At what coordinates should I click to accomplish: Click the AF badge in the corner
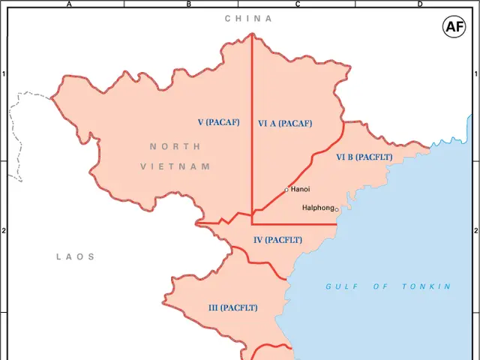pos(454,28)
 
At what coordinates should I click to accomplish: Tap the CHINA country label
pos(248,18)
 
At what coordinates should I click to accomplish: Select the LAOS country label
pos(76,256)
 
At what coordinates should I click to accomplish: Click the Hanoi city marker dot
pos(286,190)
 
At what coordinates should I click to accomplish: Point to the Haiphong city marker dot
pos(337,209)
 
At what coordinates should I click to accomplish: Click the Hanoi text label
pos(301,189)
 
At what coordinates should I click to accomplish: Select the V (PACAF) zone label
pos(219,121)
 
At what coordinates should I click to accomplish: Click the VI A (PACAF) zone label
pos(285,124)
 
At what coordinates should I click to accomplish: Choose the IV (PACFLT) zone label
pos(277,240)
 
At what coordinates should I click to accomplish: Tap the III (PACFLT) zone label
pos(232,307)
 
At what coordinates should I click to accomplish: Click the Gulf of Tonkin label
pos(388,286)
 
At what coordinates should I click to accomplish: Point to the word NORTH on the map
pos(175,146)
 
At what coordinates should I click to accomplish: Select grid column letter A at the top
pos(69,4)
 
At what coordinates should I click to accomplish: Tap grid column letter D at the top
pos(419,4)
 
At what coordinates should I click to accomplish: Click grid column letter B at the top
pos(188,4)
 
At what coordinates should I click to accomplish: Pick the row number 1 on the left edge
pos(4,74)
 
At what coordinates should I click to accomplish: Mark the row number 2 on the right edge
pos(475,231)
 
